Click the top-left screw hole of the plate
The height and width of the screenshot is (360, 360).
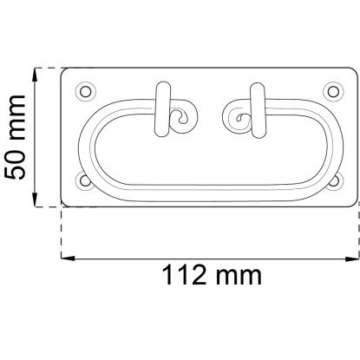(x=85, y=92)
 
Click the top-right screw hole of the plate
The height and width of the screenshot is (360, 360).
(x=333, y=92)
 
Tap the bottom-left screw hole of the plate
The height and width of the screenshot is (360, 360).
(x=85, y=181)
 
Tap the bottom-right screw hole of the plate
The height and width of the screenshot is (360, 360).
(x=334, y=181)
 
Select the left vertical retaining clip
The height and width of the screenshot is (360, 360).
(x=163, y=109)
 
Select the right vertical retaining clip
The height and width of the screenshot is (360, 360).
(x=258, y=110)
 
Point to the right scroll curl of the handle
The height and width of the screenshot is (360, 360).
(x=238, y=117)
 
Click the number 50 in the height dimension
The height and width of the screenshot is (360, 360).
(x=15, y=165)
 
